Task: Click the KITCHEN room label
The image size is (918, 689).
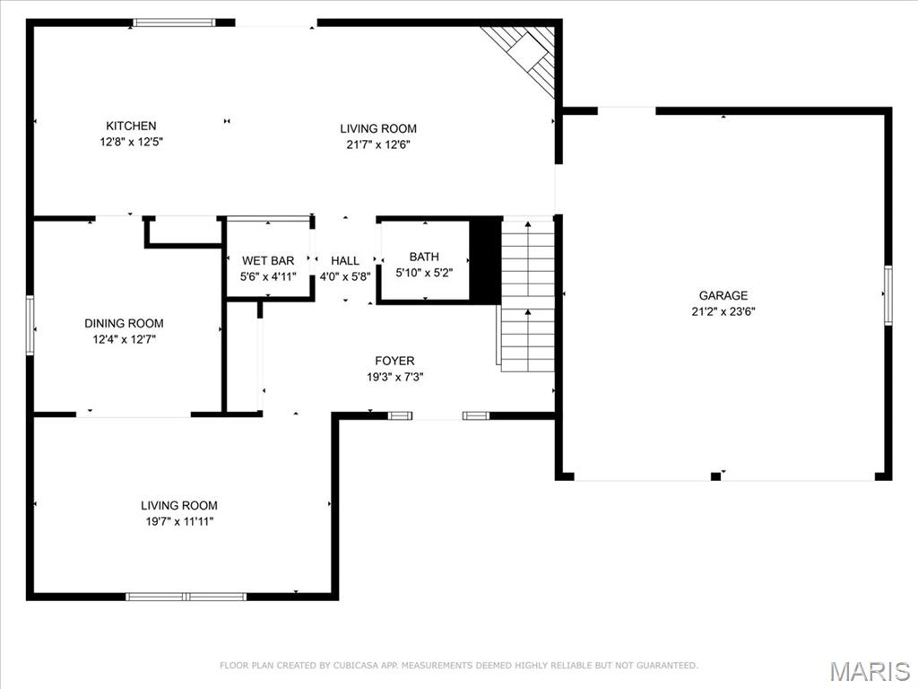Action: pos(131,126)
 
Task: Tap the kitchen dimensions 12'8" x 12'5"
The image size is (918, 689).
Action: pos(131,142)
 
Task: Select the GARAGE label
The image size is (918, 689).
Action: pos(723,296)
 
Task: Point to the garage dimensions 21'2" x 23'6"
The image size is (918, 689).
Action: pos(723,311)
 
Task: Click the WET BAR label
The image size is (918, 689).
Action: pos(267,261)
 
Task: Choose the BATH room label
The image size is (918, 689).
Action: pos(424,257)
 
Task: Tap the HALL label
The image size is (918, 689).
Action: pos(345,261)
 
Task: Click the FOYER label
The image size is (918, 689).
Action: pos(394,362)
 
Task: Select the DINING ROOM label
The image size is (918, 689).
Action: pos(124,324)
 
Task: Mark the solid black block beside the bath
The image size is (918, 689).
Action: pos(486,260)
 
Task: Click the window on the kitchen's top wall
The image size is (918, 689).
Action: pos(174,22)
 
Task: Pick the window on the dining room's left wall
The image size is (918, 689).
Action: pos(30,325)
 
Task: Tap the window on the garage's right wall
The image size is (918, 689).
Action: pos(888,294)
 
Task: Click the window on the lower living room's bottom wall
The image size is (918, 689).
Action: pos(186,597)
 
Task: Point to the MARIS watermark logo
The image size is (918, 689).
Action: pos(870,671)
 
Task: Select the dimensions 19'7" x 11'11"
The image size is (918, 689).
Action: pos(178,521)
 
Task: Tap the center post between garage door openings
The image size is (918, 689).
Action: pos(714,475)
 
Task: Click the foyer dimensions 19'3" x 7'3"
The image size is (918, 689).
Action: pos(394,378)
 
